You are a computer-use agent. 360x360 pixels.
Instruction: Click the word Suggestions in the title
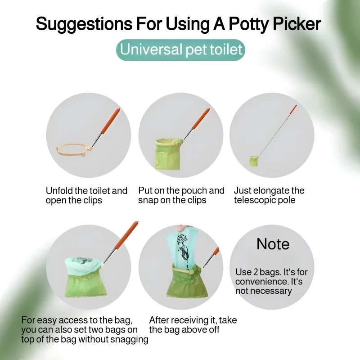point(84,24)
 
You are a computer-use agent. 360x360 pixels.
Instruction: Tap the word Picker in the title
point(297,23)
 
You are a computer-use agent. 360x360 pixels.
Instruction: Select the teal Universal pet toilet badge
point(181,50)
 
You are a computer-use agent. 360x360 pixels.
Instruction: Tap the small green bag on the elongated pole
point(254,161)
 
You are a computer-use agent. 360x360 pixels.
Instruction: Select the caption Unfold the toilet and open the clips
point(86,195)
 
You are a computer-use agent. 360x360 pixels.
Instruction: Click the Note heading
point(273,244)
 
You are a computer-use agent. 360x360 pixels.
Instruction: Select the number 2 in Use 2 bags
point(256,272)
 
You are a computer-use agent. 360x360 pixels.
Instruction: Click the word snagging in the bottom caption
point(129,339)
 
